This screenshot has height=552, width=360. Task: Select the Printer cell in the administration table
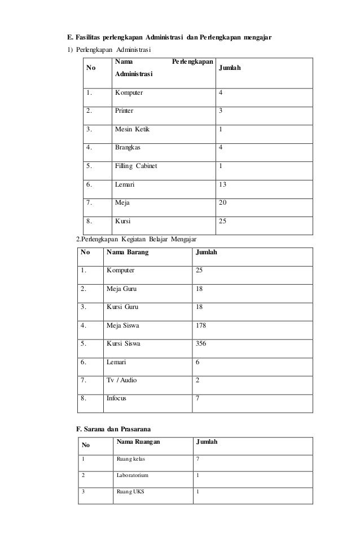pyautogui.click(x=125, y=111)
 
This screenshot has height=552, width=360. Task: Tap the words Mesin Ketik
pyautogui.click(x=133, y=129)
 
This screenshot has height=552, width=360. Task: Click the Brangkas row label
pyautogui.click(x=128, y=147)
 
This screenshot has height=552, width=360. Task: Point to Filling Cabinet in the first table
pyautogui.click(x=136, y=166)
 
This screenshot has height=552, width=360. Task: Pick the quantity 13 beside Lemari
pyautogui.click(x=223, y=184)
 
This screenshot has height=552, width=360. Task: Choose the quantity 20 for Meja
pyautogui.click(x=223, y=202)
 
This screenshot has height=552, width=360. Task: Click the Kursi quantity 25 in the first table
pyautogui.click(x=223, y=221)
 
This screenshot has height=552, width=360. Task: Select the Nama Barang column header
pyautogui.click(x=128, y=252)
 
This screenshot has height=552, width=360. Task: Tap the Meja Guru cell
pyautogui.click(x=121, y=289)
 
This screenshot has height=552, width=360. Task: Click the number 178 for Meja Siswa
pyautogui.click(x=201, y=325)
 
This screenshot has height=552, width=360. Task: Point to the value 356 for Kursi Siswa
pyautogui.click(x=201, y=343)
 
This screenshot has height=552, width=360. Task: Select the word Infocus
pyautogui.click(x=117, y=398)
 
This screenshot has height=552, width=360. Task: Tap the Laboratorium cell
pyautogui.click(x=133, y=475)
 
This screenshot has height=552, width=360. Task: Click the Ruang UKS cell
pyautogui.click(x=130, y=491)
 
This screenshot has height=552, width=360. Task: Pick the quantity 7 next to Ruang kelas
pyautogui.click(x=197, y=459)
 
